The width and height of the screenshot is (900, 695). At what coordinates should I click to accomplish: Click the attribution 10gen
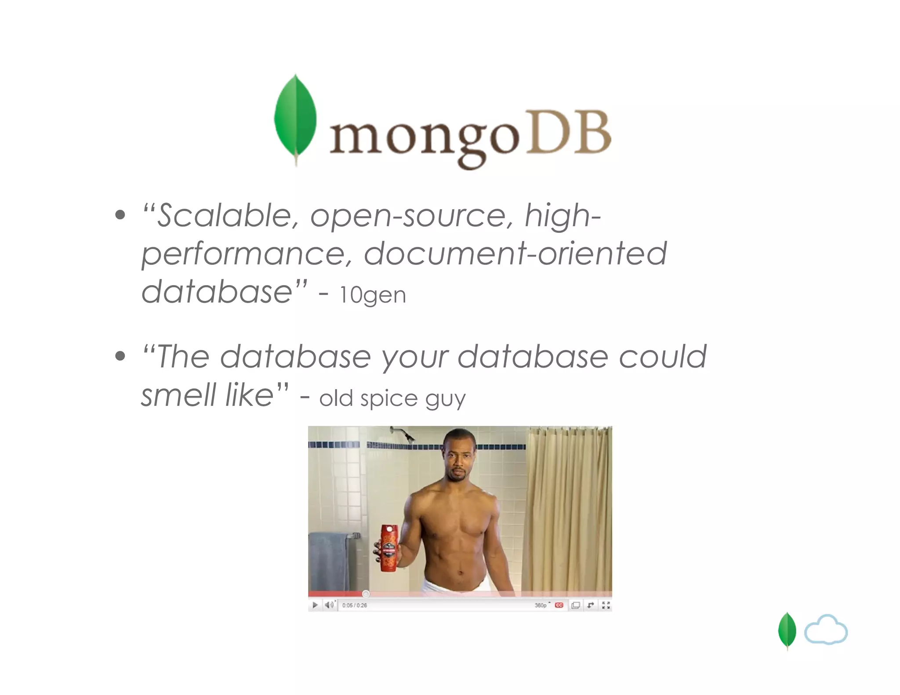point(373,295)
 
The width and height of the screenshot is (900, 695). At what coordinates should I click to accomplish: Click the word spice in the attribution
point(388,399)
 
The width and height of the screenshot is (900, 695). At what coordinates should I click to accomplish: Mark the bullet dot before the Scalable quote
point(120,215)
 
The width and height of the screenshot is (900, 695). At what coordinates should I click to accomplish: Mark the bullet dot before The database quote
point(120,355)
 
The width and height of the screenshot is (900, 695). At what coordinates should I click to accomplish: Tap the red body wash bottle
point(388,548)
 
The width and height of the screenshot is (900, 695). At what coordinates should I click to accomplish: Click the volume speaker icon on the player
point(329,605)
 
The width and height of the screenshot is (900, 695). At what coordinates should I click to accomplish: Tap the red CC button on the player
point(559,605)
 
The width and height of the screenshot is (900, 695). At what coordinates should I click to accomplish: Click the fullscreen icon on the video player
point(606,605)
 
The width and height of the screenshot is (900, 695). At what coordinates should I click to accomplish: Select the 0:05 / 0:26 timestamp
point(354,605)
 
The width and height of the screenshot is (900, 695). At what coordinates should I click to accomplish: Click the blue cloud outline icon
point(826,630)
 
